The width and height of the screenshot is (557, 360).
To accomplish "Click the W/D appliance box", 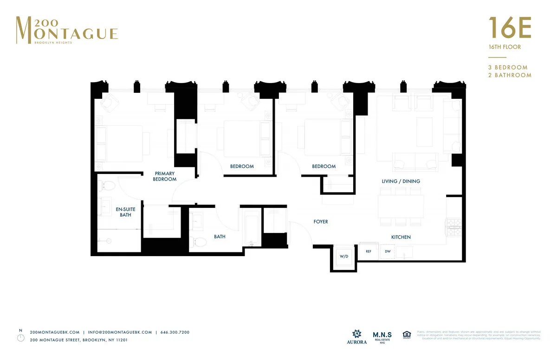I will click(344, 256).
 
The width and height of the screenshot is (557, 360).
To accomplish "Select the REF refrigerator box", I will click(369, 251).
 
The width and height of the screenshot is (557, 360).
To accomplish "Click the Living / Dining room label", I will click(401, 181).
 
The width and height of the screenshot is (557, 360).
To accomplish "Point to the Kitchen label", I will click(401, 237).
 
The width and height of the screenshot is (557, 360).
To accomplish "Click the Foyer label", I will click(321, 222).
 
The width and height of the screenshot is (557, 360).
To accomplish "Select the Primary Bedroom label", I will click(165, 176).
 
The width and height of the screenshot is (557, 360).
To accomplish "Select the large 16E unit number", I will click(509, 28).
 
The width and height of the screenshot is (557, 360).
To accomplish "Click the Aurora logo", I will click(356, 337).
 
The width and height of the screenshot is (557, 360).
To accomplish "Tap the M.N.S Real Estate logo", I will click(382, 337).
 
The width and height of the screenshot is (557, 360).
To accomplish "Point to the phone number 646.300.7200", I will click(175, 332).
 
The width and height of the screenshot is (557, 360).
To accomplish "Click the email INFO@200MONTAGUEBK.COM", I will click(120, 332).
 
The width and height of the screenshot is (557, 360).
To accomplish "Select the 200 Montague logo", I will click(66, 30).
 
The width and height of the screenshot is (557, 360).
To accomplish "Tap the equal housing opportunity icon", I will click(407, 335).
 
